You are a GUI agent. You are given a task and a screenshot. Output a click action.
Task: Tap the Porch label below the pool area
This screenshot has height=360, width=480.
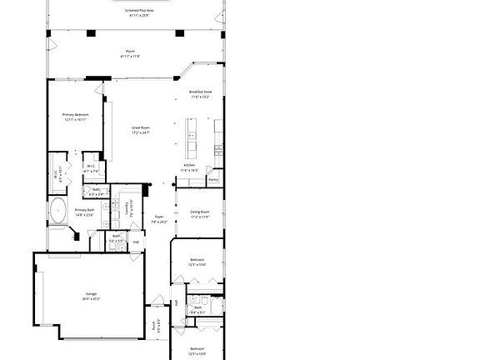[x=129, y=53]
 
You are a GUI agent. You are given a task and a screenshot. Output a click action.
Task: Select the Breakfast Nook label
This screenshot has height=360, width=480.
[x=199, y=92]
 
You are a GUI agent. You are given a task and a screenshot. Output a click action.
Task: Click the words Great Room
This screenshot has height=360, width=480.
[x=140, y=127]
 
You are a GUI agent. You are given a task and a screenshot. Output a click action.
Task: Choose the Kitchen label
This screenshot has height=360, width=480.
[x=189, y=165]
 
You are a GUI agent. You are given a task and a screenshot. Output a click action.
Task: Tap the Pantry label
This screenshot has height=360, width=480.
[x=212, y=179]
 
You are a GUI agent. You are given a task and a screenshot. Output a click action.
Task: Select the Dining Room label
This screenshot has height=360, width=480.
[x=199, y=212]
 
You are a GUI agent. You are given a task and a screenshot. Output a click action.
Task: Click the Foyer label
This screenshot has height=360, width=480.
[x=158, y=217]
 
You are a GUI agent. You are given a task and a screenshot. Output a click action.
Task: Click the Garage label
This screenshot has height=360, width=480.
[x=91, y=293]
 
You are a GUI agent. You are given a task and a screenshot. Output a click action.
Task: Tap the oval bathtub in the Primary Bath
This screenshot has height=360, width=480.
[x=58, y=210]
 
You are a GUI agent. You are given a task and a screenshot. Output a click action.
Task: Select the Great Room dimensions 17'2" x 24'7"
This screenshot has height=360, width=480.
[x=140, y=132]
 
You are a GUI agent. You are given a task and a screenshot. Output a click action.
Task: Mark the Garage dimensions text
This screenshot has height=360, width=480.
[x=91, y=298]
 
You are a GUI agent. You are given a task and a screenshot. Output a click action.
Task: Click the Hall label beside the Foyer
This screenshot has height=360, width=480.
[x=136, y=242]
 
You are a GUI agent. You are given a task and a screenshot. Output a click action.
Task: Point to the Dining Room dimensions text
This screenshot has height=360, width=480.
[x=199, y=217]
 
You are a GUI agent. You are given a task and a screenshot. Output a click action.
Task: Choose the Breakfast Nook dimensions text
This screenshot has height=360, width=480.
[x=199, y=97]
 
